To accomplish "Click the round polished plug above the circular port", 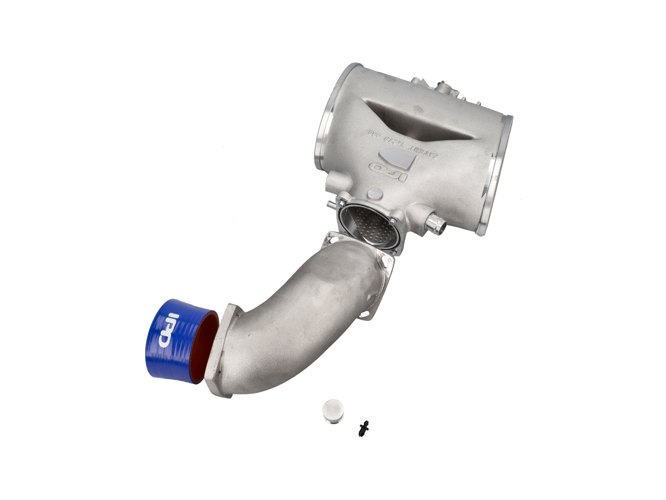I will click(375, 193).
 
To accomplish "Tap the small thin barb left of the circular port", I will click(331, 204).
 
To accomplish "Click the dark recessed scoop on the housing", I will click(420, 121).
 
